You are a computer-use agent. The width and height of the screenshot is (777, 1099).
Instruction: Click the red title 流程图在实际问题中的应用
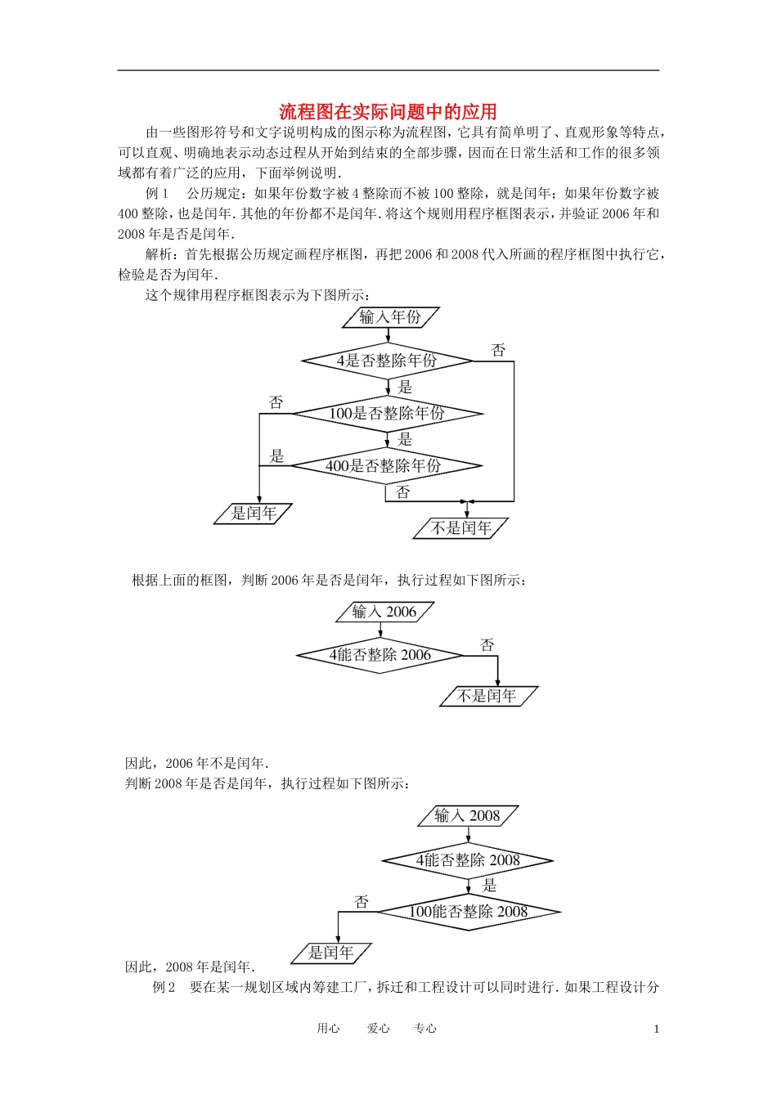tap(388, 112)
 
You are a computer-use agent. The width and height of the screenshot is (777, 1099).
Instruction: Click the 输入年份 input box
tap(390, 317)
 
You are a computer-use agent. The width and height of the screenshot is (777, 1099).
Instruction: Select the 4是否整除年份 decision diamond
tap(387, 361)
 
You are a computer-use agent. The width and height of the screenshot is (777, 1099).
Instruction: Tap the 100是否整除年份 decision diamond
tap(387, 414)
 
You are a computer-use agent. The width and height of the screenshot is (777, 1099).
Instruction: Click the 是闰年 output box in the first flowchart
tap(254, 514)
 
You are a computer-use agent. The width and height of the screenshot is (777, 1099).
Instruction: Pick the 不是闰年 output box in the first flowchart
tap(460, 528)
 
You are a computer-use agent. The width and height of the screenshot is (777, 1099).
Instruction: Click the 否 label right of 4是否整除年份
tap(498, 351)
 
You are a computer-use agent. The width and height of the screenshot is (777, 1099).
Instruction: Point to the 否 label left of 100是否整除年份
tap(276, 402)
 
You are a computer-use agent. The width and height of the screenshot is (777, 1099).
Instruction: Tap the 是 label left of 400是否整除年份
tap(276, 456)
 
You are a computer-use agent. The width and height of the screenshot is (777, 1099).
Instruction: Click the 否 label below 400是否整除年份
tap(402, 492)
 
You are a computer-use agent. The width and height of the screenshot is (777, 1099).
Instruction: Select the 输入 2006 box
tap(384, 612)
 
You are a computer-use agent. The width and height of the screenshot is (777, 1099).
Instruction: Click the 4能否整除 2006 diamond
tap(380, 655)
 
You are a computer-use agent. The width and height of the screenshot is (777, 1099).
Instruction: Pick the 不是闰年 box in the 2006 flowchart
tap(487, 696)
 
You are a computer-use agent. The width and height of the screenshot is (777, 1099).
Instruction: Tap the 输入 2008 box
tap(468, 815)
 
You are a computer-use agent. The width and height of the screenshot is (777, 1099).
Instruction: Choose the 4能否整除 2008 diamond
tap(468, 860)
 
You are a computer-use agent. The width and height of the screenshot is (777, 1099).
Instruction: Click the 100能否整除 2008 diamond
tap(469, 912)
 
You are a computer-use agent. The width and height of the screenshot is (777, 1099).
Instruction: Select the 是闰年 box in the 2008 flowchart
tap(331, 953)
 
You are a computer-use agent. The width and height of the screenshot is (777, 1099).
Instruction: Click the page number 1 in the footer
tap(656, 1029)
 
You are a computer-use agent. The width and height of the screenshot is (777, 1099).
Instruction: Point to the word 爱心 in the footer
tap(378, 1029)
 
